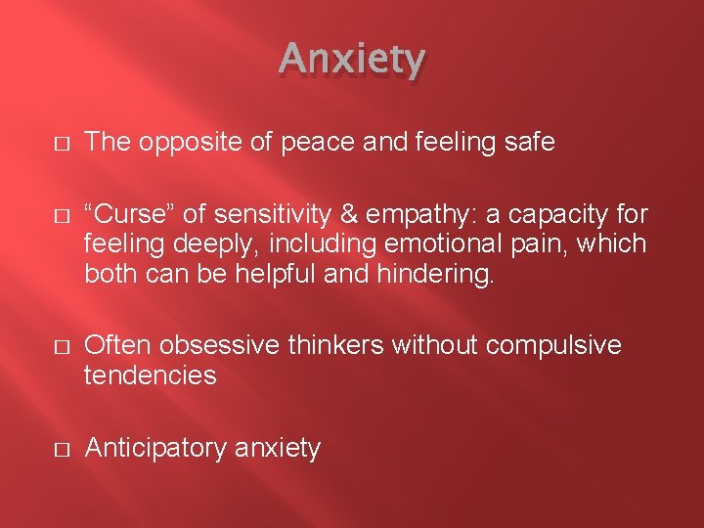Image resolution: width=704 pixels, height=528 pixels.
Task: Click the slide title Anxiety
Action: point(352,61)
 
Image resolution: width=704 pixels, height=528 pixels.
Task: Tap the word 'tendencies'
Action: point(151,374)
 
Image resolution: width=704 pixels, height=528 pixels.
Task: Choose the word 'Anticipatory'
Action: point(156,449)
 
